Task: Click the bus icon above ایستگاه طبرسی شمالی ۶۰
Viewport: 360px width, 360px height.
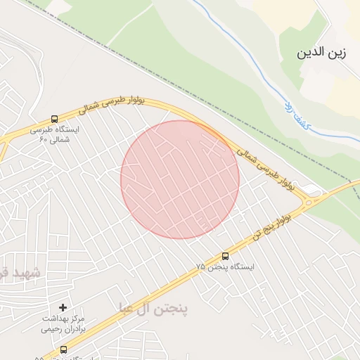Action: point(55,119)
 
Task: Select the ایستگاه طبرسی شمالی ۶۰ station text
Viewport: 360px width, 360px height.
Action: point(55,134)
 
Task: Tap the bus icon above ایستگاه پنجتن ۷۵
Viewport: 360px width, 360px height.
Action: point(225,256)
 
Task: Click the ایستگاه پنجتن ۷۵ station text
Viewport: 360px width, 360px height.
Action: point(225,267)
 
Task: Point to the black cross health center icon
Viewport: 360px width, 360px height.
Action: point(63,307)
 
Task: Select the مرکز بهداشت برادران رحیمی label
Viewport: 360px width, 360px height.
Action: point(63,323)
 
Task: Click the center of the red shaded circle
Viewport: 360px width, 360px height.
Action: point(180,179)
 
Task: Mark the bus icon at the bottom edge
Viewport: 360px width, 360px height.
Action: point(63,349)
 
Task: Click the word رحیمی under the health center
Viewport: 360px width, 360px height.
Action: point(51,328)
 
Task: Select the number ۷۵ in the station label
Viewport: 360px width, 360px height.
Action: point(202,267)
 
